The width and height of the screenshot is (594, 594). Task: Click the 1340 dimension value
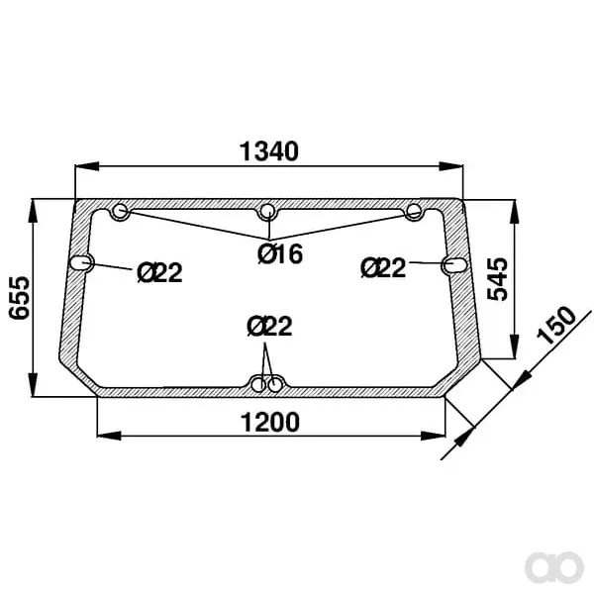point(269,151)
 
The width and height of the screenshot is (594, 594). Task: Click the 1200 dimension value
point(270,422)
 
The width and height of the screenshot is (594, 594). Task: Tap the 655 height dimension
point(20,298)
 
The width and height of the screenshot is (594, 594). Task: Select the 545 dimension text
point(497,279)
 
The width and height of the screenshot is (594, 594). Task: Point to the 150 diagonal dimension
point(556,325)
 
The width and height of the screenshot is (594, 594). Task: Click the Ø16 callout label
point(280,253)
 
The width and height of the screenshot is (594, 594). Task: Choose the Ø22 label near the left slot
point(159,272)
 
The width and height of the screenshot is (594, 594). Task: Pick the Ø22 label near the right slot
point(383,267)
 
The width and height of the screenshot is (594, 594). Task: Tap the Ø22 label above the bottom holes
point(269,326)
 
